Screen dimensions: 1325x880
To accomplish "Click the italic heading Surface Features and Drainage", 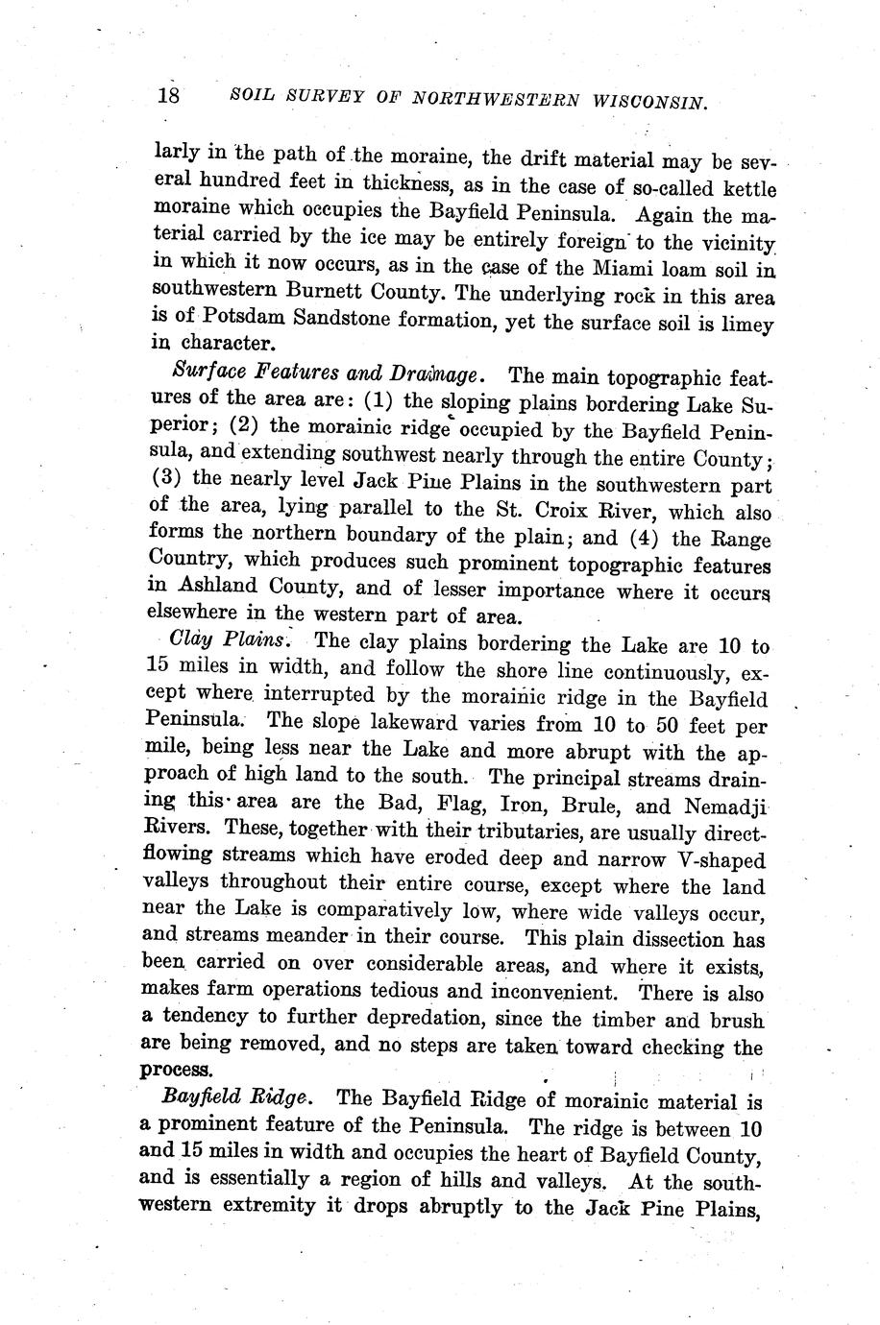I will (x=332, y=373).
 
